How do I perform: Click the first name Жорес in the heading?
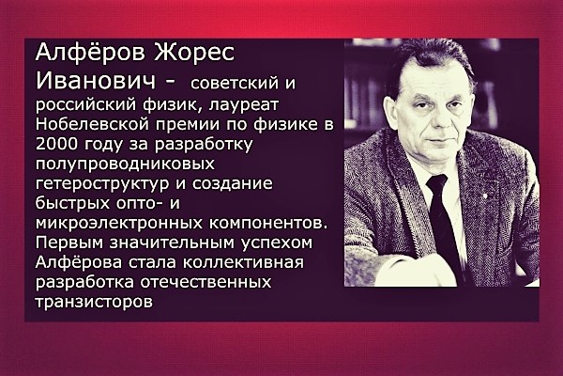pyautogui.click(x=194, y=53)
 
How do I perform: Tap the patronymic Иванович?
pyautogui.click(x=96, y=82)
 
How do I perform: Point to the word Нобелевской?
pyautogui.click(x=92, y=124)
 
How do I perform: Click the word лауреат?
pyautogui.click(x=243, y=104)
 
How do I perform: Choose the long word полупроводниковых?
pyautogui.click(x=125, y=164)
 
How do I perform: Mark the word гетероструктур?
pyautogui.click(x=102, y=184)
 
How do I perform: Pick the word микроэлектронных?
pyautogui.click(x=119, y=224)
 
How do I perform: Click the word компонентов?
pyautogui.click(x=268, y=224)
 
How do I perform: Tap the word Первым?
pyautogui.click(x=69, y=243)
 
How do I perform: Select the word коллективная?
pyautogui.click(x=243, y=262)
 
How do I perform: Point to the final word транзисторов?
pyautogui.click(x=94, y=302)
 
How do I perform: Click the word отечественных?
pyautogui.click(x=205, y=282)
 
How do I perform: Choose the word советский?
pyautogui.click(x=235, y=85)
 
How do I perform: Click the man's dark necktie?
pyautogui.click(x=443, y=223)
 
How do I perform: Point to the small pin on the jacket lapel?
pyautogui.click(x=485, y=196)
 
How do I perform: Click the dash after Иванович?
pyautogui.click(x=169, y=83)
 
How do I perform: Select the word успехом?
pyautogui.click(x=277, y=243)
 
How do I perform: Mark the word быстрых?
pyautogui.click(x=73, y=204)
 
